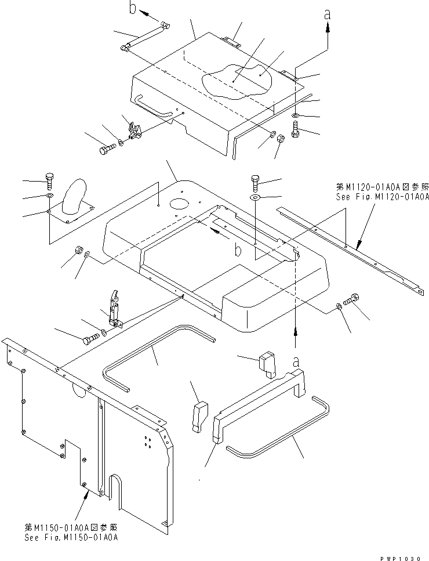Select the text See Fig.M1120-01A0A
(x=382, y=197)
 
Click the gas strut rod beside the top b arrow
(x=145, y=37)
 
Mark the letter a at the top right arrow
(x=328, y=13)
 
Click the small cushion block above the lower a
(x=267, y=363)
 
